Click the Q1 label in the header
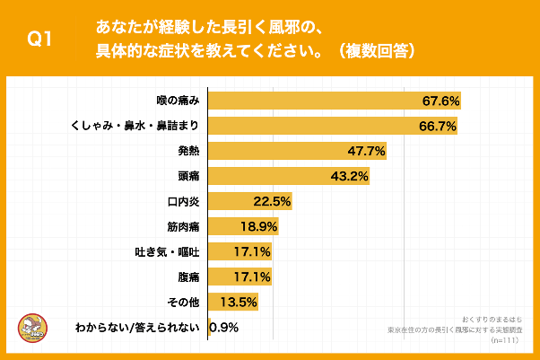click(x=42, y=40)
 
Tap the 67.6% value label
click(x=440, y=101)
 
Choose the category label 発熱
click(x=187, y=151)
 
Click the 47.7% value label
click(x=367, y=151)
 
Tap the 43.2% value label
click(x=350, y=176)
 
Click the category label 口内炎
click(x=182, y=201)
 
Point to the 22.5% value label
click(x=272, y=201)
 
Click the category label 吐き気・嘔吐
click(x=165, y=251)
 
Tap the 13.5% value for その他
click(x=240, y=302)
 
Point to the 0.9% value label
click(x=223, y=327)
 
